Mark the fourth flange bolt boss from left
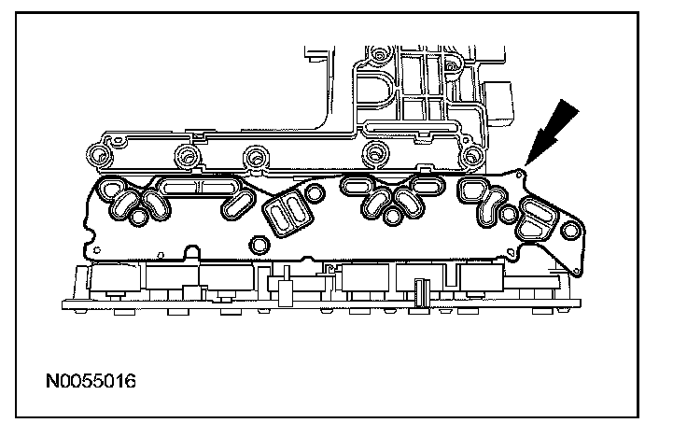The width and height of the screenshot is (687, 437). pyautogui.click(x=376, y=154)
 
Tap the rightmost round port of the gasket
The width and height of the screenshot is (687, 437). pyautogui.click(x=505, y=218)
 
